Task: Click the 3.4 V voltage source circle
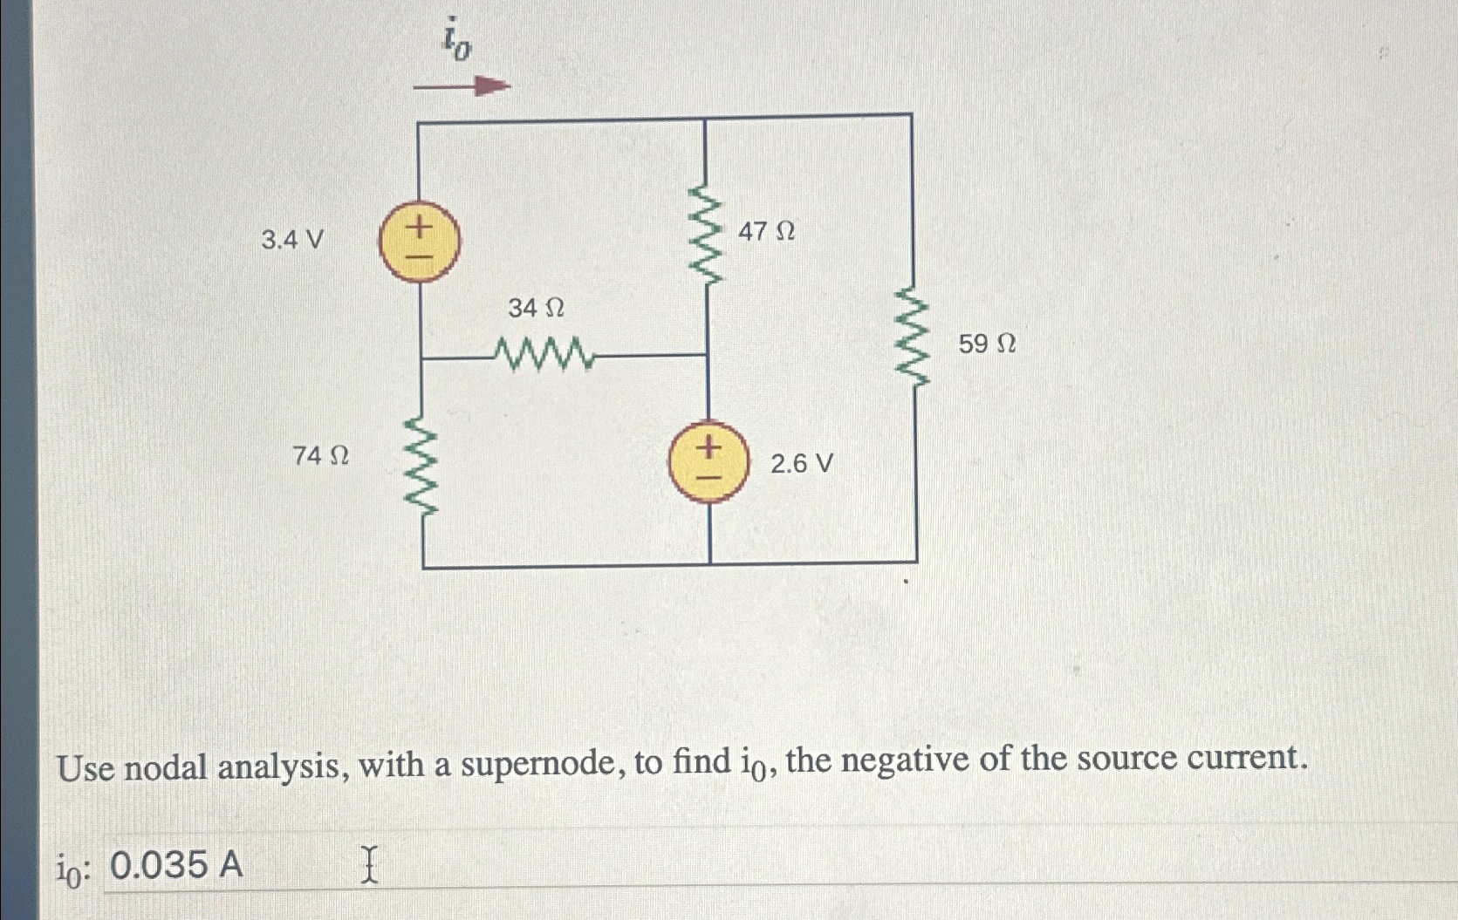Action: (x=420, y=241)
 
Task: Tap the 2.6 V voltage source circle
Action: (x=708, y=463)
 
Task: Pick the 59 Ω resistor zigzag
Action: (x=914, y=336)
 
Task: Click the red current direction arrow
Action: (x=461, y=86)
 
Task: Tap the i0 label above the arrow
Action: (x=455, y=39)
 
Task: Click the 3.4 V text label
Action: (x=292, y=239)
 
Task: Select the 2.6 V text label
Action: (x=801, y=463)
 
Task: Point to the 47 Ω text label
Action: (x=766, y=232)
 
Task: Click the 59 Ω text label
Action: (x=987, y=344)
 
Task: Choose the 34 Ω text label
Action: (x=536, y=308)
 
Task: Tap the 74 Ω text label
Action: (x=320, y=455)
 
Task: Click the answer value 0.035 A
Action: (x=177, y=865)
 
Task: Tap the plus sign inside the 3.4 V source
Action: (x=420, y=228)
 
